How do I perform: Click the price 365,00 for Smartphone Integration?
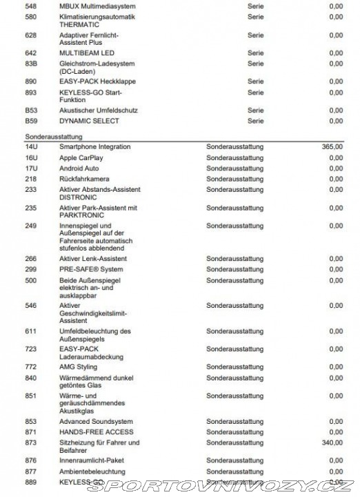tap(332, 147)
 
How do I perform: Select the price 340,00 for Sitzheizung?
tap(332, 443)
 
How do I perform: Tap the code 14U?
tap(30, 147)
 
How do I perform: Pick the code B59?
tap(30, 121)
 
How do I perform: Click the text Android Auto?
tap(79, 168)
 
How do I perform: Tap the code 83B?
tap(30, 64)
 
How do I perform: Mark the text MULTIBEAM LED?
tap(87, 52)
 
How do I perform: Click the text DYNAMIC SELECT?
tap(89, 121)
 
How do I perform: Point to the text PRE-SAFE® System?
tap(91, 269)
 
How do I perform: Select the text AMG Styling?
tap(79, 367)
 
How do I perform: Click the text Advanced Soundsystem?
tap(96, 421)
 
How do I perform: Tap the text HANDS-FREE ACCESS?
tap(96, 431)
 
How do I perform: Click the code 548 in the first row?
tap(30, 5)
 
